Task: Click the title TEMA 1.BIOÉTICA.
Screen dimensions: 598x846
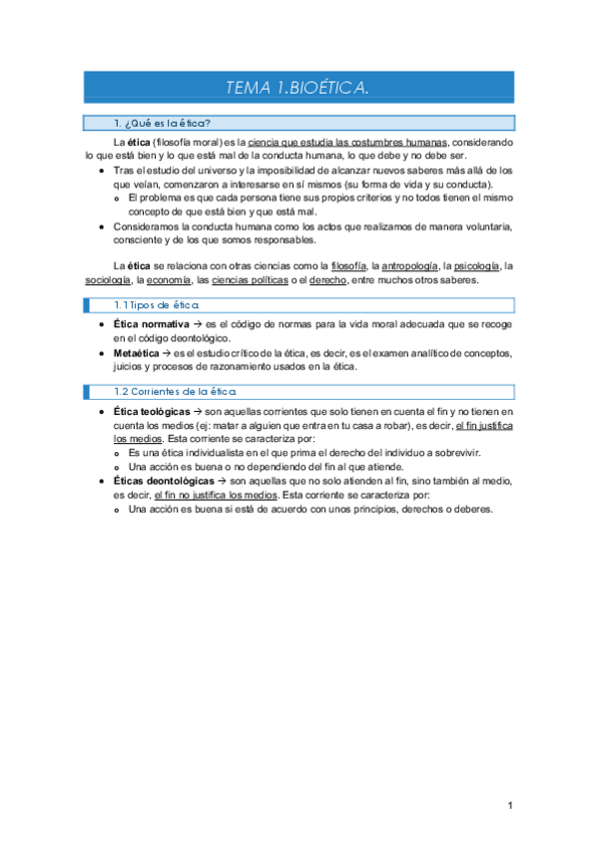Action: (298, 89)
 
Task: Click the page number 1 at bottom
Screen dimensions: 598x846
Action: (509, 806)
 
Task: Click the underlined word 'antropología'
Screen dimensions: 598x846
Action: (406, 265)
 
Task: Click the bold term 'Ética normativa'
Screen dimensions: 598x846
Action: (151, 325)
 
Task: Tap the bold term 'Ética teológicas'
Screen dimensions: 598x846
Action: (151, 411)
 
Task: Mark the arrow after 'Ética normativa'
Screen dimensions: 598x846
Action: (198, 325)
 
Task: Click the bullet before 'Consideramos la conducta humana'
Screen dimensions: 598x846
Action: (104, 226)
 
